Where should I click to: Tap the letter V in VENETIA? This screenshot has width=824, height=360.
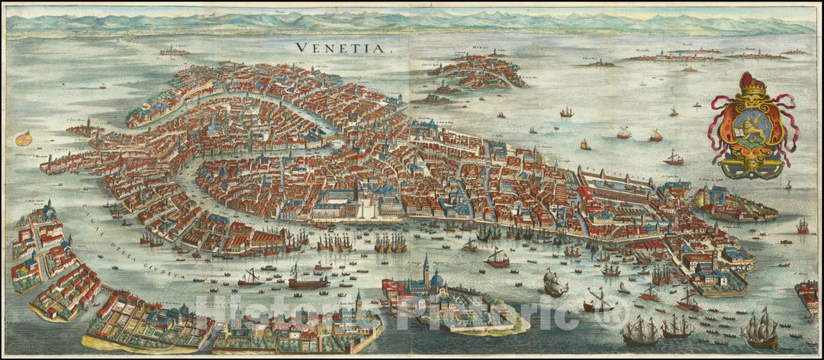click(300, 47)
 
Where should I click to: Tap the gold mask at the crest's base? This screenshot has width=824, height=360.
click(753, 164)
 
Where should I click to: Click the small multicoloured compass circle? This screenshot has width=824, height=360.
click(24, 138)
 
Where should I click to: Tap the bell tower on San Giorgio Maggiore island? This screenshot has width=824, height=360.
click(425, 269)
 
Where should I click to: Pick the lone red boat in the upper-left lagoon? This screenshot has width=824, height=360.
click(102, 86)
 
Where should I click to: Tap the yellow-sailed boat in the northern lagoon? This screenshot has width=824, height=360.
click(585, 144)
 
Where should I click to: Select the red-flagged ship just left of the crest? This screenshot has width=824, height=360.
click(674, 158)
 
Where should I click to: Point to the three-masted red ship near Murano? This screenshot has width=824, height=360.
click(566, 113)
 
